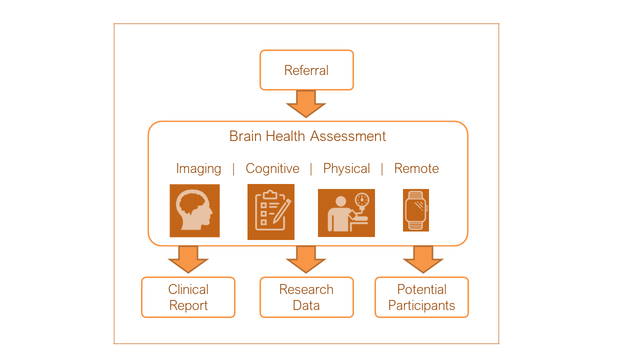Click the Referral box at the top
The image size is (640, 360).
pos(306,70)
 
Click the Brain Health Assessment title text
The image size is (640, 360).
pos(307,136)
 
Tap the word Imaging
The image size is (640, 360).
pos(198,169)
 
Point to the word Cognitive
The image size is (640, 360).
pos(272,169)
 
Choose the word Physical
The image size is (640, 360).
pos(346,169)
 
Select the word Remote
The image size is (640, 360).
pos(416,169)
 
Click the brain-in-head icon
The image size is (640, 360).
pos(194,210)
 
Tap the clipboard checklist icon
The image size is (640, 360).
pos(270,212)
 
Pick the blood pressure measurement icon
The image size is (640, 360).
pos(346,213)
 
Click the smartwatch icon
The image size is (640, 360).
pos(416,210)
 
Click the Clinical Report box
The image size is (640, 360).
pos(188,297)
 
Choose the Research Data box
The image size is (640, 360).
pos(306,297)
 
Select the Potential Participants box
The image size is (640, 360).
pos(421,297)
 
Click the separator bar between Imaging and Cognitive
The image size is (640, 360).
pos(233,169)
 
